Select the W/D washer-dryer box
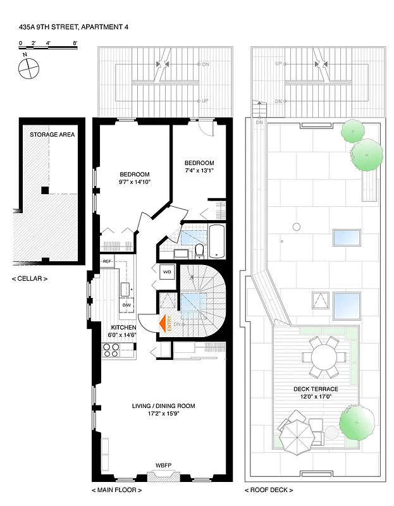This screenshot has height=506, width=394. click(167, 272)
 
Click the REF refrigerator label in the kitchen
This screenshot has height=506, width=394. click(107, 261)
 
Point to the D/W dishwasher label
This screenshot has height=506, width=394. click(126, 305)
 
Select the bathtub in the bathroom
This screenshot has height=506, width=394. click(216, 240)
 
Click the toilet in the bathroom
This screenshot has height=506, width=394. click(200, 251)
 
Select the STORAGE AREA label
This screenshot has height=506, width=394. click(49, 134)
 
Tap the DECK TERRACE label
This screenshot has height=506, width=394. click(316, 389)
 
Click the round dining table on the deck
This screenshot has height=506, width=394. click(323, 357)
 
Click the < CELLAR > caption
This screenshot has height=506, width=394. click(29, 278)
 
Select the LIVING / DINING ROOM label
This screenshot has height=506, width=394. click(163, 406)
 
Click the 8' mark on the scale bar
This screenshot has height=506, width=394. click(75, 44)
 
